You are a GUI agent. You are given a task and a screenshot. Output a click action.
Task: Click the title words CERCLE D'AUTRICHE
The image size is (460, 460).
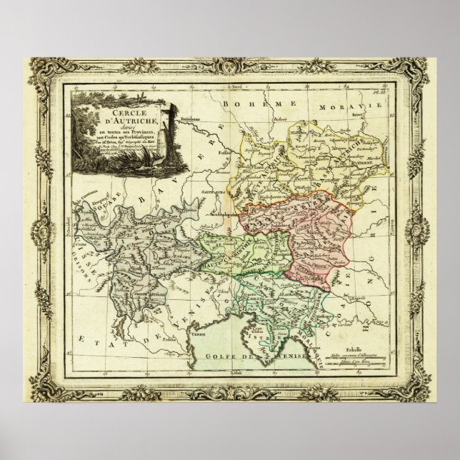tap(118, 117)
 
